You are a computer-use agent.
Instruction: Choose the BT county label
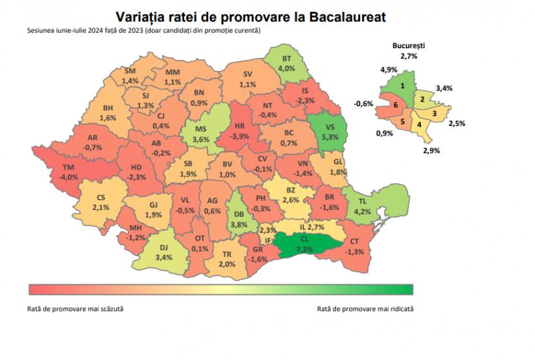tap(286, 58)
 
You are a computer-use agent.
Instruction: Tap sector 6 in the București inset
tap(395, 104)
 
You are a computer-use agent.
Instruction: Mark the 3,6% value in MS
tap(201, 139)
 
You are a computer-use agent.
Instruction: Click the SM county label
tap(130, 70)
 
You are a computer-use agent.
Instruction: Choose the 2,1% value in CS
tap(100, 207)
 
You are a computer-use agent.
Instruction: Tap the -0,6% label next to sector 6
tap(363, 103)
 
